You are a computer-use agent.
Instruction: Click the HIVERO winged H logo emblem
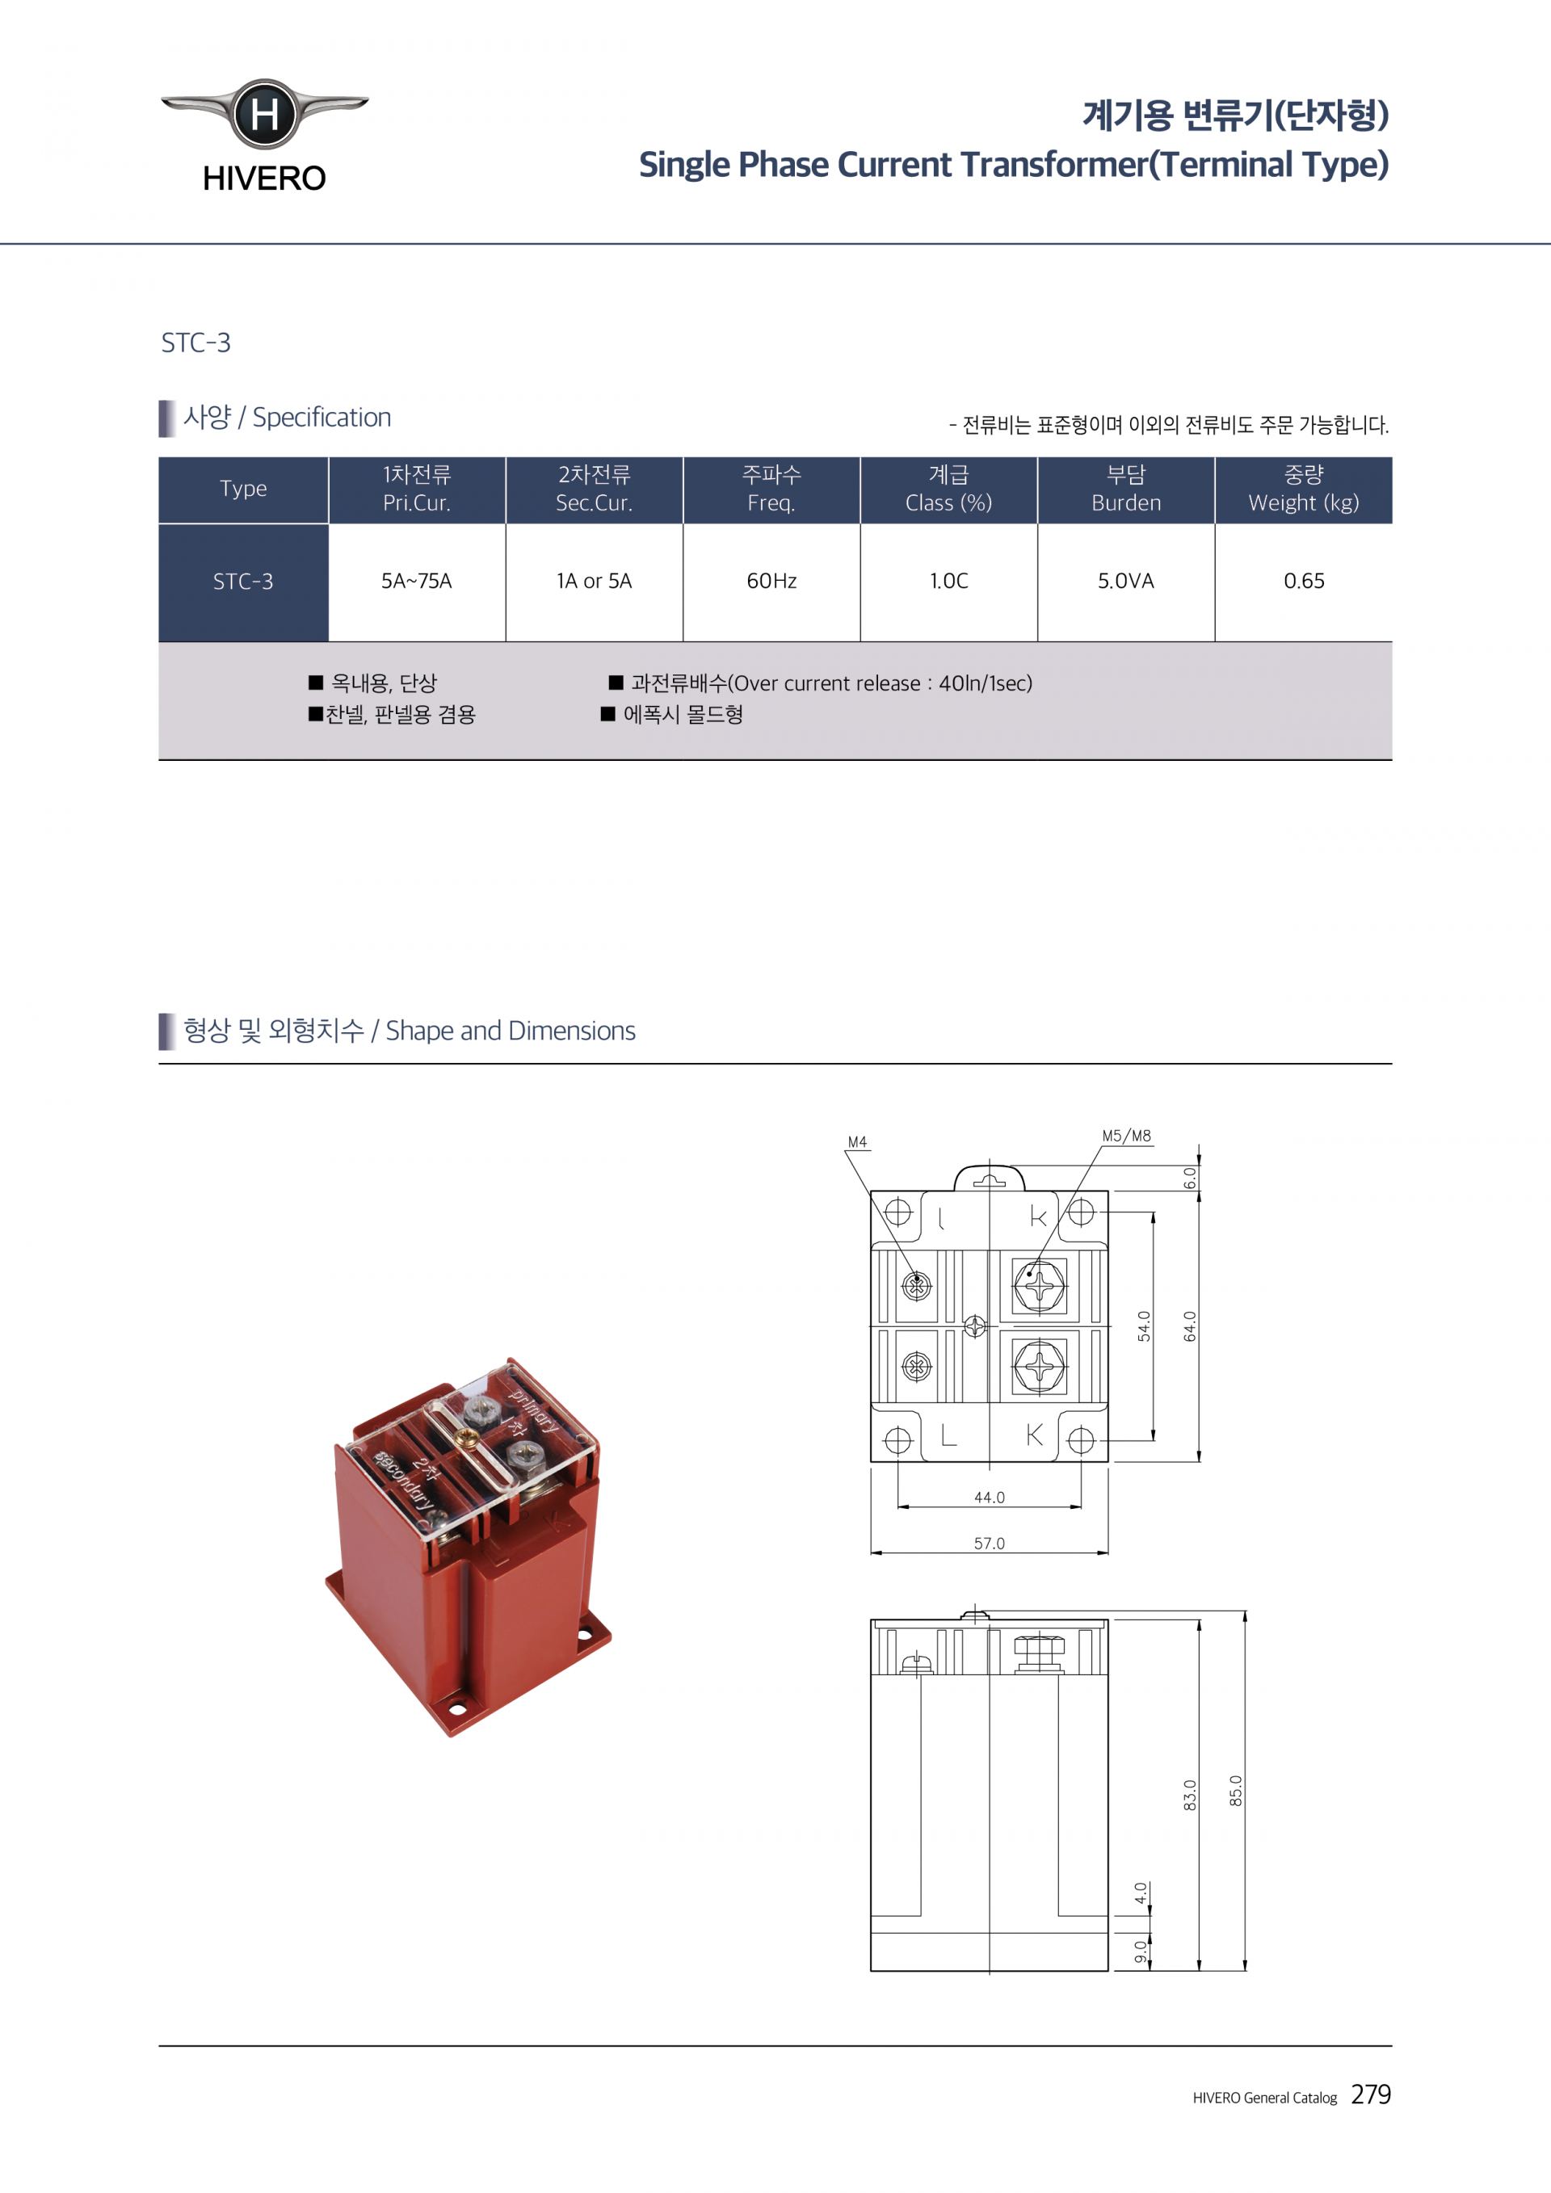click(264, 114)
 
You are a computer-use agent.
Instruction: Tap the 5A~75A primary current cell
click(416, 581)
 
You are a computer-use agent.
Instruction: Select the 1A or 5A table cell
click(594, 581)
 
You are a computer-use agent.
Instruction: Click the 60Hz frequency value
click(771, 581)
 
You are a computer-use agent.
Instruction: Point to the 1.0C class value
click(949, 581)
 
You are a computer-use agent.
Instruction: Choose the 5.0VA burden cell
click(1126, 581)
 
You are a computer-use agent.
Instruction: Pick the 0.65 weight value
click(1304, 581)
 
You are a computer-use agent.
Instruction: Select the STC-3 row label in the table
click(242, 582)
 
